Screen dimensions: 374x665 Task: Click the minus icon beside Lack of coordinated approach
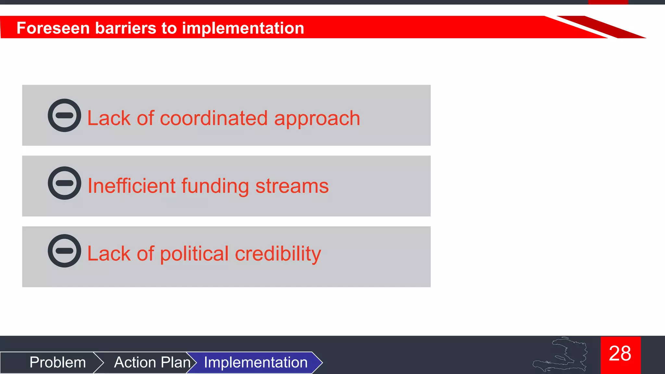coord(64,115)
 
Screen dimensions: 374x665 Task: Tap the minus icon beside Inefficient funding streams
coord(64,183)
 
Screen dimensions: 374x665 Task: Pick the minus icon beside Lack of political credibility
coord(64,251)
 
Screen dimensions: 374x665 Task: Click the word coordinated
coord(214,118)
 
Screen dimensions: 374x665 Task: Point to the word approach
coord(317,119)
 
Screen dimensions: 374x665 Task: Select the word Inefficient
coord(132,186)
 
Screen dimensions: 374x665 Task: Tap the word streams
coord(292,186)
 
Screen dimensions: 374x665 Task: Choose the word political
coord(194,254)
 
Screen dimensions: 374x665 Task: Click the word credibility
coord(278,254)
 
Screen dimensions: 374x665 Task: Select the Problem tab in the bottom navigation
coord(57,362)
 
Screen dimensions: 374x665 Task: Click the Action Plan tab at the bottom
coord(152,362)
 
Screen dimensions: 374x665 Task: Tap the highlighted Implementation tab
coord(256,362)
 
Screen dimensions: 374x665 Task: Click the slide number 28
coord(620,354)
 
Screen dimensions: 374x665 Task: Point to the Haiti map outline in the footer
coord(563,355)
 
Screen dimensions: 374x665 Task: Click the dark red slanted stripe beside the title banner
coord(601,27)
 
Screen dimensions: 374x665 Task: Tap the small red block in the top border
coord(608,2)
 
